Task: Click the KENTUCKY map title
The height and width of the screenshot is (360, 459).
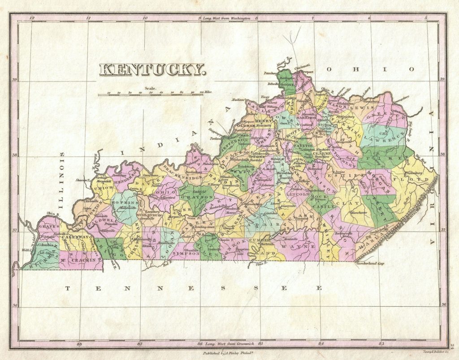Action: pyautogui.click(x=152, y=69)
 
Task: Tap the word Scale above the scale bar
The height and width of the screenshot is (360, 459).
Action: pyautogui.click(x=151, y=89)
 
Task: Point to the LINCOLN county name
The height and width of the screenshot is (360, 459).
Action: pyautogui.click(x=296, y=195)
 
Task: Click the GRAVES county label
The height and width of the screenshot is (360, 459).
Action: pyautogui.click(x=49, y=227)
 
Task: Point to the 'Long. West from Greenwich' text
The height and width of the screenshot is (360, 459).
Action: pyautogui.click(x=229, y=344)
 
